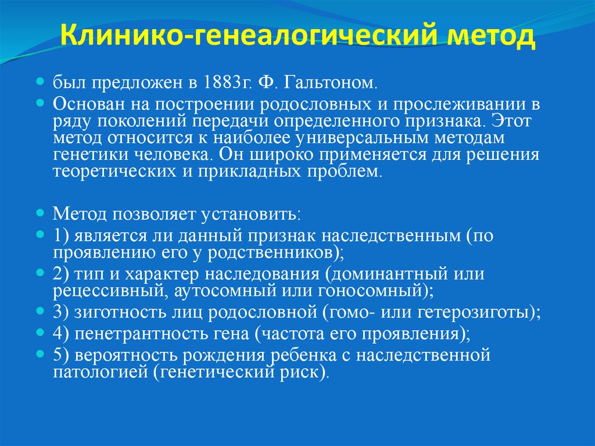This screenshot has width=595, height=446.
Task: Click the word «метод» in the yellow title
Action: click(489, 40)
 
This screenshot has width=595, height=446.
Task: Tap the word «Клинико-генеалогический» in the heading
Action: click(251, 40)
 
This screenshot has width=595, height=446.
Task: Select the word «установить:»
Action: click(250, 215)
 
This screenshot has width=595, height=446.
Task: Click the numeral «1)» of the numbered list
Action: click(61, 236)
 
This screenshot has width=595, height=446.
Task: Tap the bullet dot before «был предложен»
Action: click(41, 81)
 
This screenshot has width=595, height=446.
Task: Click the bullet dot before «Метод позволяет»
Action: click(41, 213)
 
